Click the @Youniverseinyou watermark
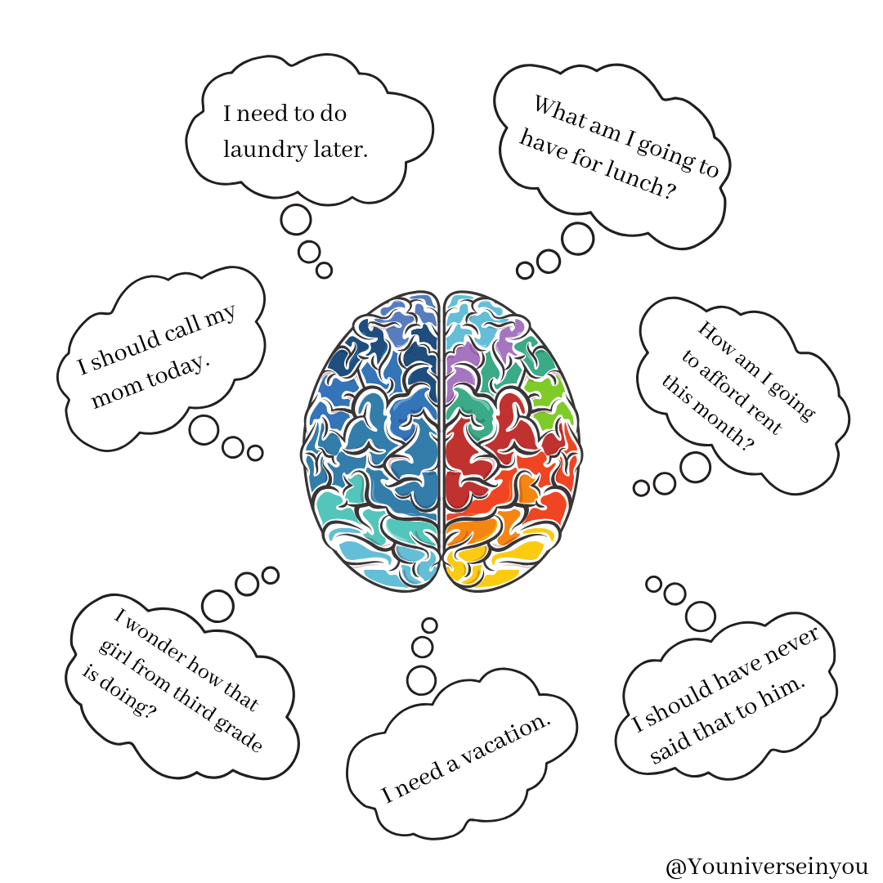pos(767,867)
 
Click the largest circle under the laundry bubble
pos(296,220)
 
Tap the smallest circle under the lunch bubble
pos(525,271)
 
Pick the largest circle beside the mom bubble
pos(204,430)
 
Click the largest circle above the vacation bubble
pos(421,680)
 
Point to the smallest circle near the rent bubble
pos(642,487)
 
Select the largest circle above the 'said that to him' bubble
pos(701,616)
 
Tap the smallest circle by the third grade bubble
pos(271,575)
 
